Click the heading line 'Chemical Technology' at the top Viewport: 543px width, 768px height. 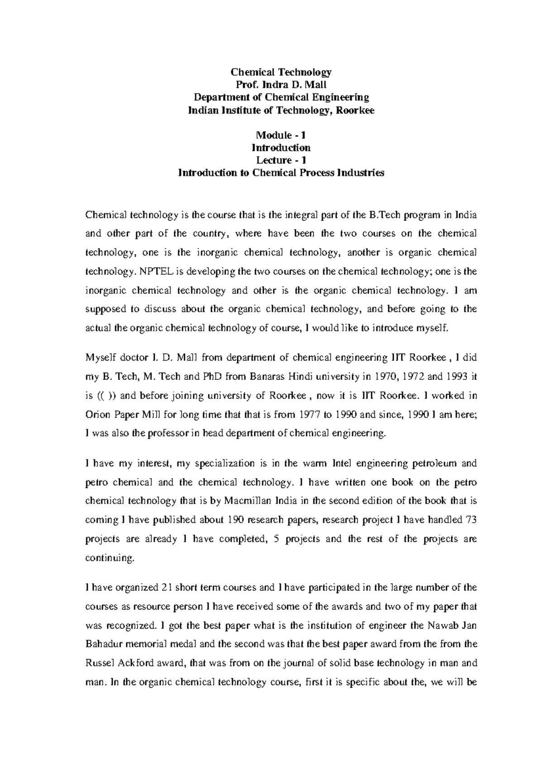pos(281,72)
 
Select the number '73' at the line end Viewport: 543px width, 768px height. pos(471,520)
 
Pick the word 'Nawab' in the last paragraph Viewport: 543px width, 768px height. pos(442,626)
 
